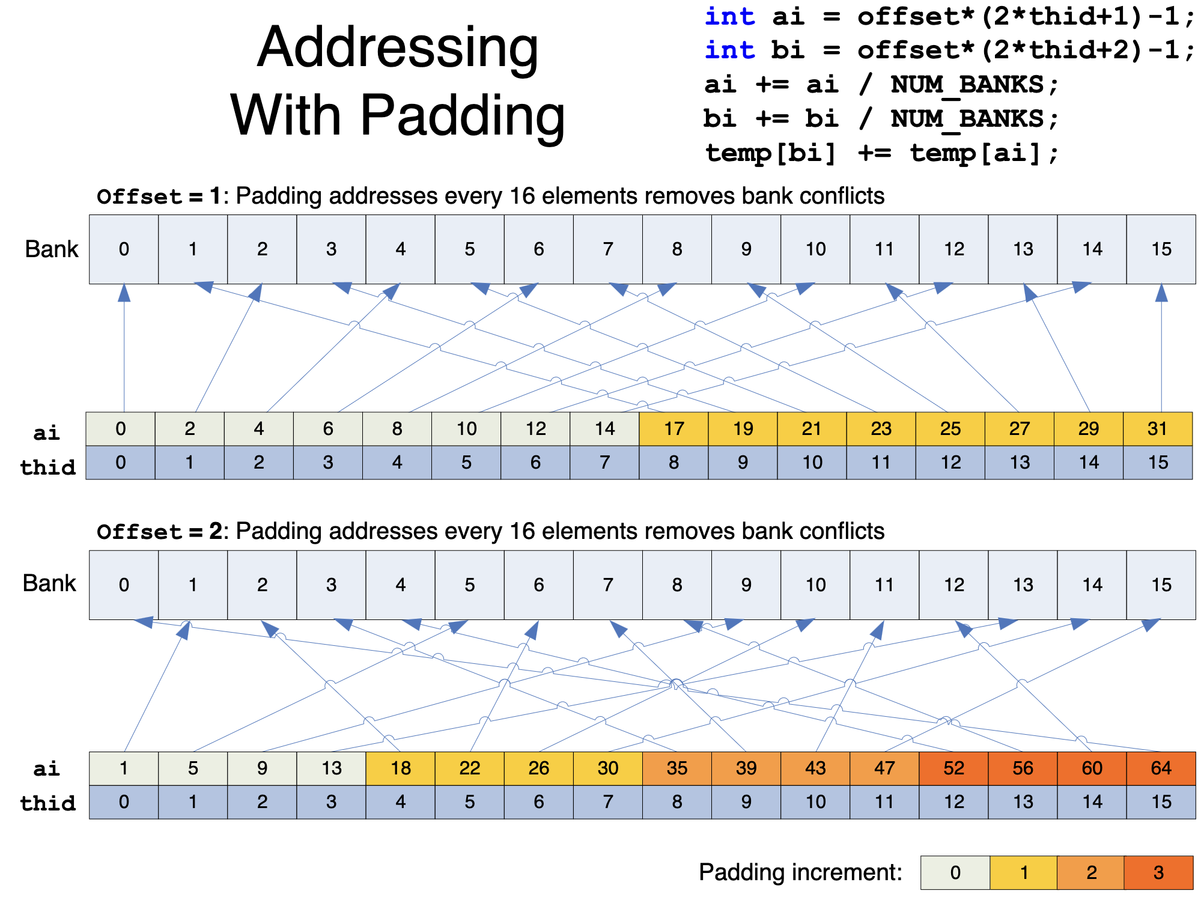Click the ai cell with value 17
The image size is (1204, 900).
click(673, 428)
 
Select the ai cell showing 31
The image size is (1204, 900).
click(1157, 428)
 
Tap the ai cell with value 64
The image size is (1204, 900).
click(1161, 768)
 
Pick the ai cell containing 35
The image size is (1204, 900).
click(677, 768)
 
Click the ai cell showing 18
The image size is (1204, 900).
click(401, 768)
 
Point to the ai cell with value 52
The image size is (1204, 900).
click(953, 768)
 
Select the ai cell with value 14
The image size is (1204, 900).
click(604, 428)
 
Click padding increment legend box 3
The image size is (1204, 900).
click(1158, 872)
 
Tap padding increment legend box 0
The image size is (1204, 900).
click(955, 872)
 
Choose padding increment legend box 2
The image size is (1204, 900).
click(1091, 872)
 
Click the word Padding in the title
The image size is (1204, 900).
click(462, 115)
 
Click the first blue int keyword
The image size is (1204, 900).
click(729, 16)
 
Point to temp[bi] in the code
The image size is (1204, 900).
click(770, 153)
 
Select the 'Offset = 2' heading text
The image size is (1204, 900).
click(159, 532)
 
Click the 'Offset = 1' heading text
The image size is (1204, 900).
click(159, 196)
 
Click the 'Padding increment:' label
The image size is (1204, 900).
click(800, 872)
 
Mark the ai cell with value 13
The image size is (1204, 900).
click(331, 768)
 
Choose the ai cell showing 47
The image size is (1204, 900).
click(884, 768)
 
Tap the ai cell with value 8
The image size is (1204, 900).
click(397, 428)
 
